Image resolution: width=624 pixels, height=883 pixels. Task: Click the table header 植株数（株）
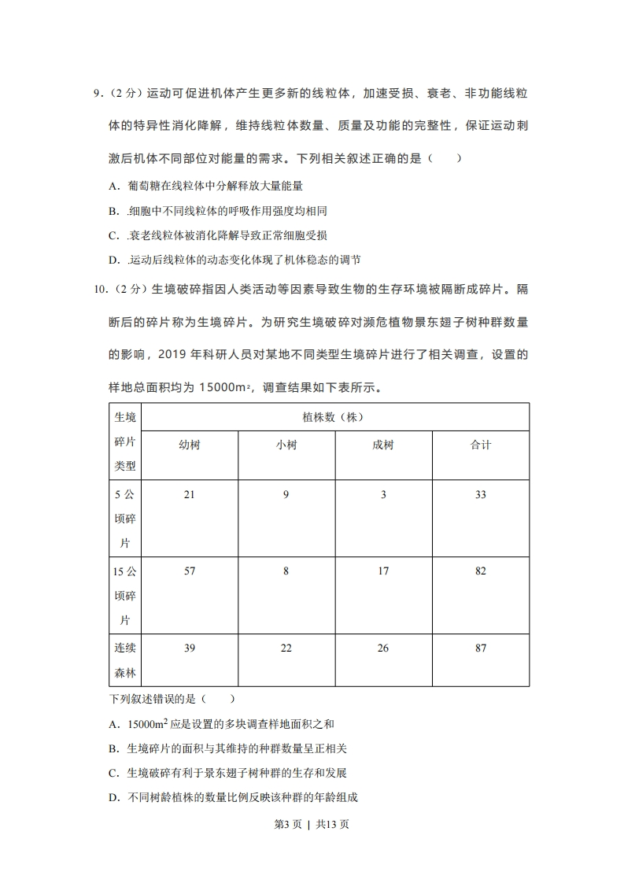(x=334, y=417)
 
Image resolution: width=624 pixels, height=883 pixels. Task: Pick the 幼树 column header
(x=190, y=445)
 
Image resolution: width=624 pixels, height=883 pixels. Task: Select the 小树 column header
(x=286, y=445)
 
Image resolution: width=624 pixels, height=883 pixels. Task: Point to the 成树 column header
(x=383, y=445)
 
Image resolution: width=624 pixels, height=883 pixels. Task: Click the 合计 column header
(x=480, y=445)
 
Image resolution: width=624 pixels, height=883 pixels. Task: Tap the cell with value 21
(x=189, y=495)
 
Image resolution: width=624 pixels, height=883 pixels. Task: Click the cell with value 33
(x=480, y=495)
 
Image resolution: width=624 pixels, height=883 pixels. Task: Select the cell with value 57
(x=189, y=571)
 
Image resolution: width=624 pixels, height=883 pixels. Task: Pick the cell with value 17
(x=383, y=571)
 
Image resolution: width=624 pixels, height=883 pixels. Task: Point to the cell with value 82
(x=480, y=571)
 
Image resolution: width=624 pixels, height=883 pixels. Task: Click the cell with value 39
(x=189, y=648)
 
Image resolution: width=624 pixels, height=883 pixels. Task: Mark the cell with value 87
(x=480, y=648)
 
